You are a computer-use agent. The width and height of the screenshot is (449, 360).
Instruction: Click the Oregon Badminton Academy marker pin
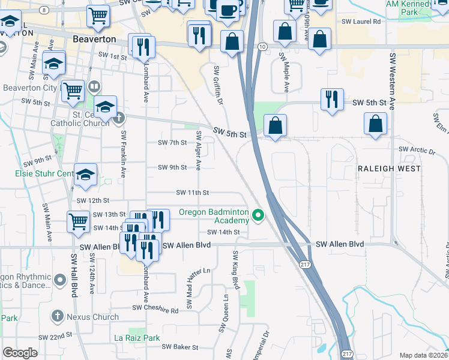[259, 214]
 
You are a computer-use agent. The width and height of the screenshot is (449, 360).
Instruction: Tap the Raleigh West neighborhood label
[388, 169]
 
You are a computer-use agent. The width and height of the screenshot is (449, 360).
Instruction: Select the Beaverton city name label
[94, 38]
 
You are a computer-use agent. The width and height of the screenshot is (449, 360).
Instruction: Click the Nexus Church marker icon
[57, 316]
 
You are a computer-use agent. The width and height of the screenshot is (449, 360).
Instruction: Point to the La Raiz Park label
[137, 338]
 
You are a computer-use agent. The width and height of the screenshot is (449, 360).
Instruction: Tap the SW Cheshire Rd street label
[155, 310]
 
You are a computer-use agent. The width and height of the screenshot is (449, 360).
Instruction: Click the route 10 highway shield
[262, 46]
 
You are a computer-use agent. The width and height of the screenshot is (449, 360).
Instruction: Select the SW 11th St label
[192, 193]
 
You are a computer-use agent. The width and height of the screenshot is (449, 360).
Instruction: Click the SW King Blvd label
[236, 271]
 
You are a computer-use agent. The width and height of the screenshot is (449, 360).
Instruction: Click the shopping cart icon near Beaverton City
[73, 91]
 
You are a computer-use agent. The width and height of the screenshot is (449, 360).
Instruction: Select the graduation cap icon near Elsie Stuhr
[85, 175]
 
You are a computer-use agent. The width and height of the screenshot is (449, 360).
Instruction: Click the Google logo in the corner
[20, 353]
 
